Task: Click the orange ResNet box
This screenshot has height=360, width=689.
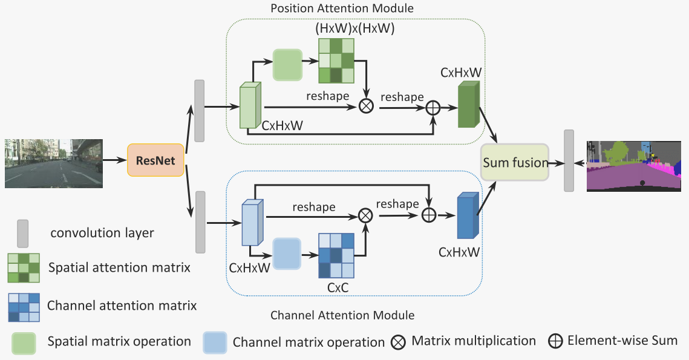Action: point(155,160)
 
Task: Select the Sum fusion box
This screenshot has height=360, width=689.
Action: point(515,162)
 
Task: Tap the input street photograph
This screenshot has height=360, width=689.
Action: point(54,163)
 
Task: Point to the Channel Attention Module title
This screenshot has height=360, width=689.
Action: point(342,315)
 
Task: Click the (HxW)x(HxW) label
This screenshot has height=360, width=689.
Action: point(355,28)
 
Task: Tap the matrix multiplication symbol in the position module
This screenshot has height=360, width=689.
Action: point(366,106)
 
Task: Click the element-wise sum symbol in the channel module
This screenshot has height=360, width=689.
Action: point(429,214)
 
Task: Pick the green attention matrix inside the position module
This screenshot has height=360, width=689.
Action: point(336,61)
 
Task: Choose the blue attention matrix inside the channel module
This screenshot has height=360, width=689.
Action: point(336,254)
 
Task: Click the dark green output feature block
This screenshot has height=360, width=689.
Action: point(468,105)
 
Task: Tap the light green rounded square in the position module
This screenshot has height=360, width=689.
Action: point(287,65)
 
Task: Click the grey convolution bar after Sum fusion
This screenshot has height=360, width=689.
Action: point(569,161)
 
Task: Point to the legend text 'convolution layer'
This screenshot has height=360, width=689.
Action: point(102,233)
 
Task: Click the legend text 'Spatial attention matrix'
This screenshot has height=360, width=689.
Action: point(119,267)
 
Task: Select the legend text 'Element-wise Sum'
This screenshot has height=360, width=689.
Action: point(622,341)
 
